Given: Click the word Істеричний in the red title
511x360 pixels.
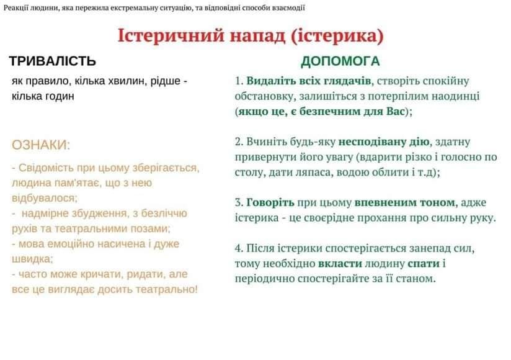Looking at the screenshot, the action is (171, 35).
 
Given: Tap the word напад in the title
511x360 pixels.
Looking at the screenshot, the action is (258, 37).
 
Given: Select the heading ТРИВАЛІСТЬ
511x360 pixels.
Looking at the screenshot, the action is (53, 61).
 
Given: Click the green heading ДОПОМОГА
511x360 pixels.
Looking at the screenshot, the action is (340, 61).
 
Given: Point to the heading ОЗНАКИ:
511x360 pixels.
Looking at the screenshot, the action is (41, 145).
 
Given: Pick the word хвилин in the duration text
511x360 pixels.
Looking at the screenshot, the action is (130, 81).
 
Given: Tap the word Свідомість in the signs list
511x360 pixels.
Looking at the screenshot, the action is (47, 168).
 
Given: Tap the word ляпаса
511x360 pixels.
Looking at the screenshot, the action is (313, 173).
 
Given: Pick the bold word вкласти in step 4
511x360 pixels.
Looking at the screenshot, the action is (340, 263).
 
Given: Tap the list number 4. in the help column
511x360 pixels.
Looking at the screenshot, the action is (239, 248).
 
